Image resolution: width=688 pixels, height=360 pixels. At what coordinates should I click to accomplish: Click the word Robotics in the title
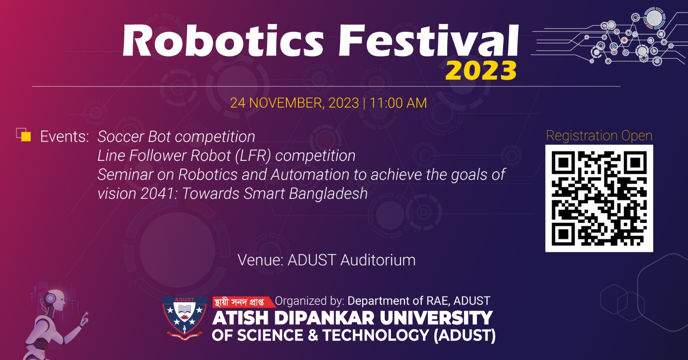(x=223, y=40)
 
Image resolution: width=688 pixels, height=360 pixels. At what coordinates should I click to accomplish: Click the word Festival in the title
(x=429, y=40)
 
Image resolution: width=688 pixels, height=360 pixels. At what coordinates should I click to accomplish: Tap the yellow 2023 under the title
(x=481, y=71)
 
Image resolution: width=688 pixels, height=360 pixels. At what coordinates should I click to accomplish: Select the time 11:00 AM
(x=398, y=103)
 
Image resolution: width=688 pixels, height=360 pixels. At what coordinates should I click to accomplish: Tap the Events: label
(x=64, y=137)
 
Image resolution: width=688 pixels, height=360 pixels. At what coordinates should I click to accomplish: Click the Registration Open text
(x=599, y=136)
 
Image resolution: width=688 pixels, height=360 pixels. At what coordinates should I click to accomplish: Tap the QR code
(x=599, y=198)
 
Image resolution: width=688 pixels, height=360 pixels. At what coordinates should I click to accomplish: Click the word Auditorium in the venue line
(x=378, y=260)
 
